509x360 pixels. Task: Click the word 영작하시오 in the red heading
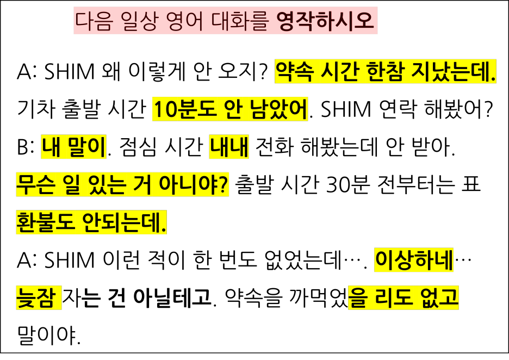[x=326, y=22]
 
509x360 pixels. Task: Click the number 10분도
[x=185, y=110]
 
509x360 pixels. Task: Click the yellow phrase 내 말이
[x=73, y=147]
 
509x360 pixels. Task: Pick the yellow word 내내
[x=229, y=147]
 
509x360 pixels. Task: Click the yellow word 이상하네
[x=414, y=260]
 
